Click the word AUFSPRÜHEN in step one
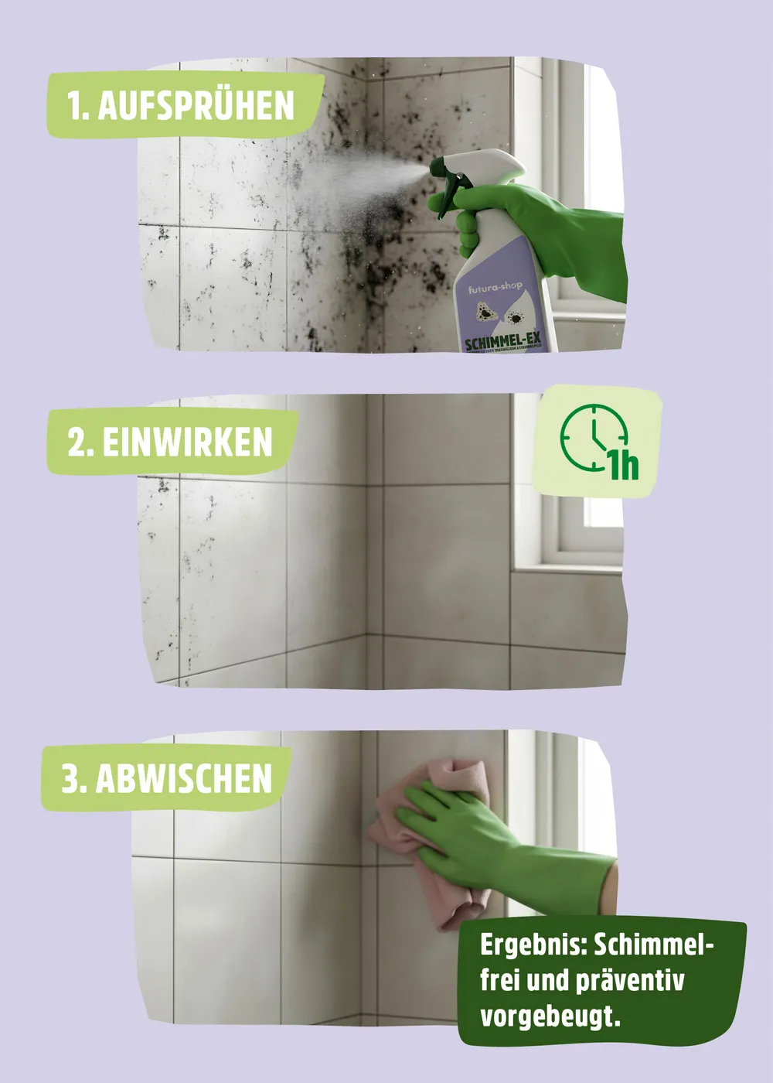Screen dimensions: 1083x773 point(196,106)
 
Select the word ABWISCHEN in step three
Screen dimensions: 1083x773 point(184,778)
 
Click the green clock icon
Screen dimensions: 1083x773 point(591,438)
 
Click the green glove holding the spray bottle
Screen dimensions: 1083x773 point(533,224)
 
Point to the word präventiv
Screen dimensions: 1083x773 point(629,981)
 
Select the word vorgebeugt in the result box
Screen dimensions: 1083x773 point(549,1016)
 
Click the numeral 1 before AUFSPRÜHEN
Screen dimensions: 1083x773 point(75,106)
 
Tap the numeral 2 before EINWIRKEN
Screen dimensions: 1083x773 point(76,442)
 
